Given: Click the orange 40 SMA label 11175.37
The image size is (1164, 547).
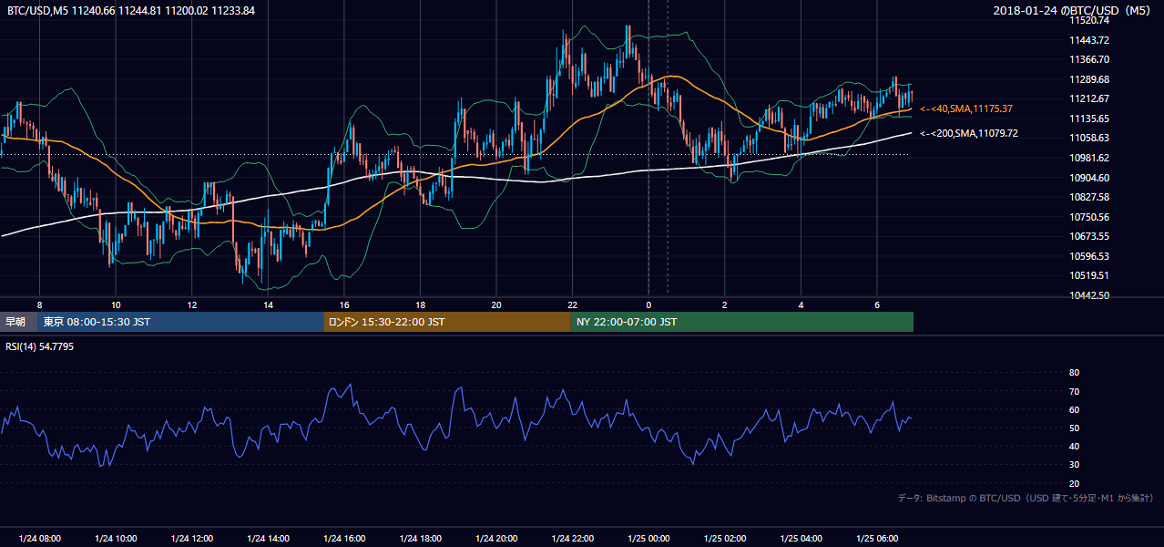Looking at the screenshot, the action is pyautogui.click(x=966, y=108).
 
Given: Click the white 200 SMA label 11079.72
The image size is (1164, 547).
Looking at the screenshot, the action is pyautogui.click(x=969, y=134).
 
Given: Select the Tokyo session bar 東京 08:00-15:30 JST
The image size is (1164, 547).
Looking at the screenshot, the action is pyautogui.click(x=180, y=322).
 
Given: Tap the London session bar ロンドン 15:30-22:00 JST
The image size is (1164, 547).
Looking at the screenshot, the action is pyautogui.click(x=447, y=322).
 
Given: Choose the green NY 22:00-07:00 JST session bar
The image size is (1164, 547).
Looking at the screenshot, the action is pyautogui.click(x=742, y=322).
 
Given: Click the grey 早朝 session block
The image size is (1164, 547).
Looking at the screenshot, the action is pyautogui.click(x=19, y=322).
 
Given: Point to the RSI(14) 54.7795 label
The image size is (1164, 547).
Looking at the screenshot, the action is pyautogui.click(x=39, y=346).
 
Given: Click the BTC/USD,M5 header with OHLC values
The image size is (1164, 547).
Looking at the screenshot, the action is pyautogui.click(x=131, y=11).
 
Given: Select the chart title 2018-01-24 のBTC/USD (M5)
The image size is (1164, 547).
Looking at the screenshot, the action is pyautogui.click(x=1071, y=10).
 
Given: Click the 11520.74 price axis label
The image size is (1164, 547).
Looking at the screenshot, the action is pyautogui.click(x=1089, y=20).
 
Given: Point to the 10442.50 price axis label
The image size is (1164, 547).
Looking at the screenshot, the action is pyautogui.click(x=1089, y=295).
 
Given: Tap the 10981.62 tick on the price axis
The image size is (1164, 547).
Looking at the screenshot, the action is pyautogui.click(x=1089, y=158).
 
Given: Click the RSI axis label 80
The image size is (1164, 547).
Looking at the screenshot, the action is pyautogui.click(x=1074, y=372).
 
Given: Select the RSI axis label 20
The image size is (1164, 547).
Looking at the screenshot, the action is pyautogui.click(x=1074, y=483).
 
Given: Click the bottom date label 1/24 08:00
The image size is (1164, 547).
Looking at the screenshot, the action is pyautogui.click(x=39, y=539).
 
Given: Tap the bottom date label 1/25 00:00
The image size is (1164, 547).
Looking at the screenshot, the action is pyautogui.click(x=648, y=539).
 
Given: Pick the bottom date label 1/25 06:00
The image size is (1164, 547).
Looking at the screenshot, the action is pyautogui.click(x=877, y=539).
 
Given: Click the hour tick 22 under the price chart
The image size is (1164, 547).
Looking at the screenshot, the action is pyautogui.click(x=572, y=305).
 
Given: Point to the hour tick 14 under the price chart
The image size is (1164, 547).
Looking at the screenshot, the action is pyautogui.click(x=268, y=305).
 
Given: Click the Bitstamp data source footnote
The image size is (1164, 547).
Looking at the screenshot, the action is pyautogui.click(x=1026, y=498).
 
